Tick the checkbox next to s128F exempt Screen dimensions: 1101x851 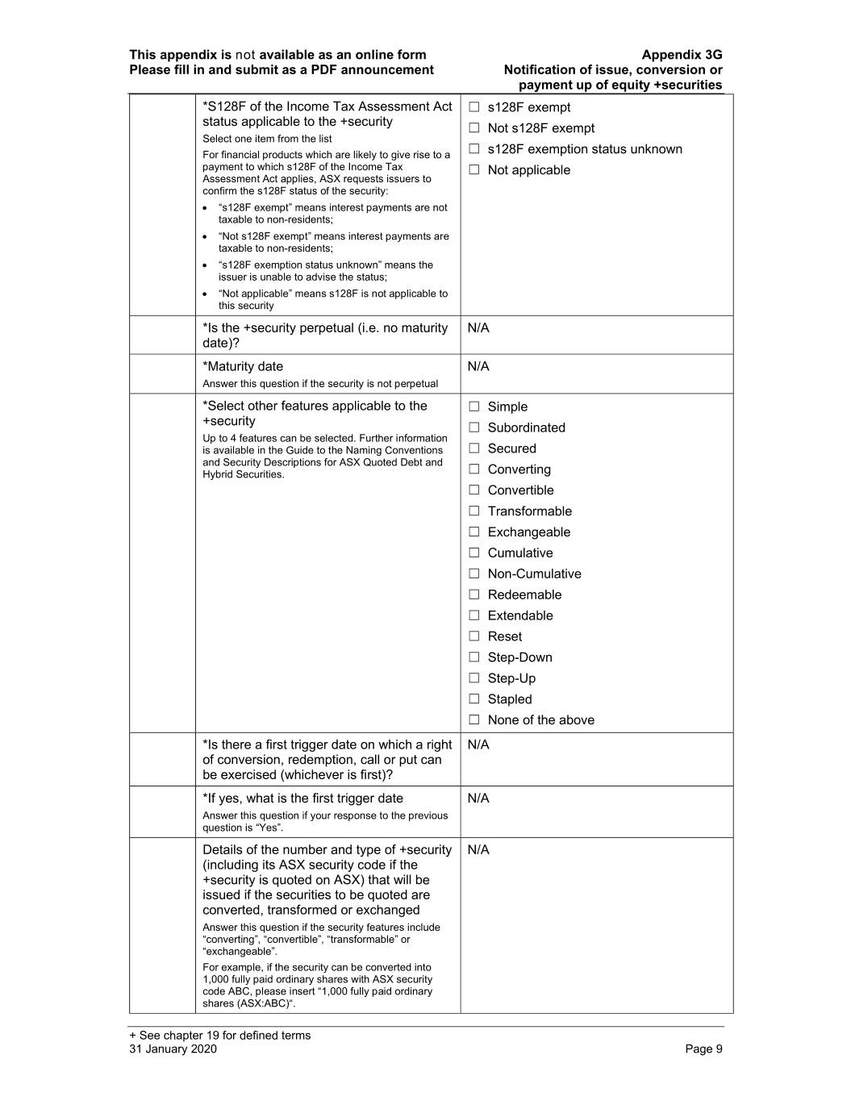coord(474,107)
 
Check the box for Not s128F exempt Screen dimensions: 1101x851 coord(474,128)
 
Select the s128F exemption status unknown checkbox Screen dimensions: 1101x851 coord(474,149)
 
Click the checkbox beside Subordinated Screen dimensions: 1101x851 coord(474,427)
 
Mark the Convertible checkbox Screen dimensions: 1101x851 coord(474,490)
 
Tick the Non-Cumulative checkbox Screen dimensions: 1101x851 coord(474,573)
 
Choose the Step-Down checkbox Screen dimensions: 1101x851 coord(474,657)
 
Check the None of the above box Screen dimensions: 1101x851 coord(474,720)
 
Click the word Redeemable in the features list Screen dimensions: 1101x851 coord(524,594)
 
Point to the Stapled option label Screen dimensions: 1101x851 coord(510,699)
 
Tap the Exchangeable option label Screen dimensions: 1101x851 coord(528,532)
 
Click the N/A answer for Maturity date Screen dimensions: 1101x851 coord(478,367)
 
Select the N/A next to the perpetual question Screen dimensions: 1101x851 coord(478,328)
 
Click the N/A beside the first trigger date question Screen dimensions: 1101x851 coord(478,744)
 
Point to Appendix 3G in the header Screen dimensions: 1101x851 coord(682,55)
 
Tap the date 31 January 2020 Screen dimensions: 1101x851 coord(173,1049)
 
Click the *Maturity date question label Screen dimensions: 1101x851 coord(243,367)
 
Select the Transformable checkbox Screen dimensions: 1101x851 coord(474,511)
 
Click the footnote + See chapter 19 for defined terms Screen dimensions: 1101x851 coord(219,1036)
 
